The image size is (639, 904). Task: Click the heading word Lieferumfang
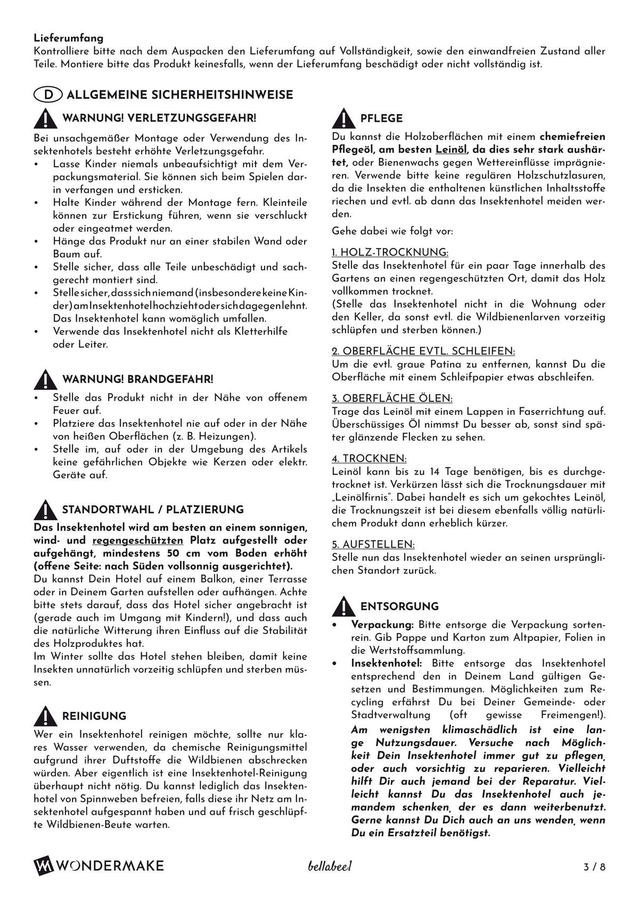point(69,38)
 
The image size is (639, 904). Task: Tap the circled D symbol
point(48,95)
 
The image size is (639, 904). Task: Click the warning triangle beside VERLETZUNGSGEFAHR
point(45,119)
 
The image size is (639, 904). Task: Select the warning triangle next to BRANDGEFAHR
point(45,380)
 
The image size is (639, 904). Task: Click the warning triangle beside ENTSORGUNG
point(343,607)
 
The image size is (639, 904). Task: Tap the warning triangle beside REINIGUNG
point(45,717)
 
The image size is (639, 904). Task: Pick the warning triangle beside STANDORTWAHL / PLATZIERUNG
point(45,510)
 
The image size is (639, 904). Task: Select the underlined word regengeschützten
point(138,541)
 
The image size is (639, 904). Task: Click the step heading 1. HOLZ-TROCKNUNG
point(390,252)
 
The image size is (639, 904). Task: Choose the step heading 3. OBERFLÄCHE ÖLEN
point(392,399)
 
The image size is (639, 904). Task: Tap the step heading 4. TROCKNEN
point(369,459)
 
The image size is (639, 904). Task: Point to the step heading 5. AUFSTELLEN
point(373,545)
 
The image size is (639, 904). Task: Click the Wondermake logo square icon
point(43,866)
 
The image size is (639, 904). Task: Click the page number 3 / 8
point(595,867)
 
